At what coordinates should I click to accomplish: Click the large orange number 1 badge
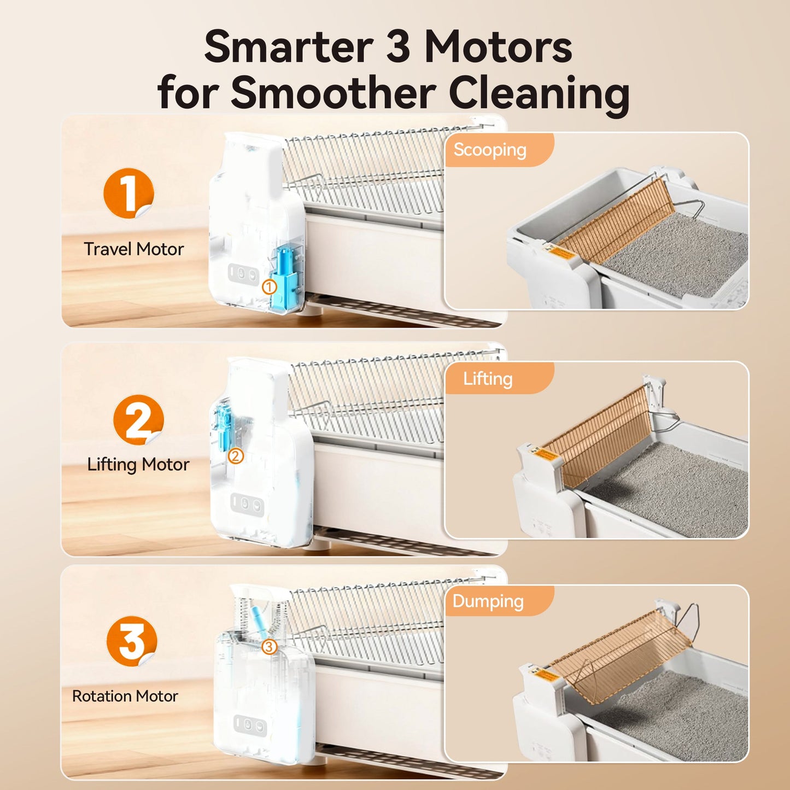pyautogui.click(x=128, y=193)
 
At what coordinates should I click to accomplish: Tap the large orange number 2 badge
pyautogui.click(x=138, y=420)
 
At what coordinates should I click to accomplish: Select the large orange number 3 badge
pyautogui.click(x=132, y=641)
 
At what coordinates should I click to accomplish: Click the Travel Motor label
pyautogui.click(x=133, y=249)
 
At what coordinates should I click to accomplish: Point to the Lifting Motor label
pyautogui.click(x=138, y=465)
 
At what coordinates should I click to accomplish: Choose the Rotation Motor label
pyautogui.click(x=125, y=696)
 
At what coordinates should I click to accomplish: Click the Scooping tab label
pyautogui.click(x=490, y=150)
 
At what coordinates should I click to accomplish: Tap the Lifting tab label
pyautogui.click(x=488, y=379)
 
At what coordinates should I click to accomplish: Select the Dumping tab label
pyautogui.click(x=488, y=601)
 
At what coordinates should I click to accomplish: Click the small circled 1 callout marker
pyautogui.click(x=269, y=286)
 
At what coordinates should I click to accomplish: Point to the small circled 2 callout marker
pyautogui.click(x=236, y=455)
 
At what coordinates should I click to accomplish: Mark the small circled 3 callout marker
pyautogui.click(x=268, y=647)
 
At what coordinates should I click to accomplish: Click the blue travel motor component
pyautogui.click(x=286, y=276)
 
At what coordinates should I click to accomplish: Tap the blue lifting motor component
pyautogui.click(x=224, y=426)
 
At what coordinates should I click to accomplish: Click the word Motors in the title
pyautogui.click(x=498, y=47)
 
